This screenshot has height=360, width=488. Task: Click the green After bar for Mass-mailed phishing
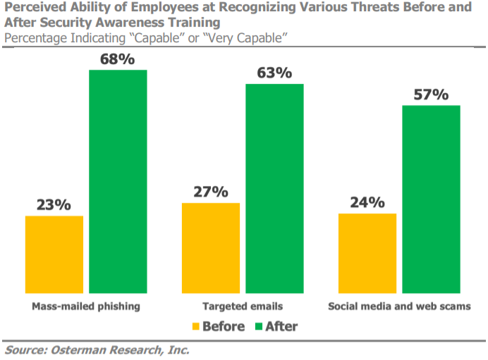click(x=118, y=182)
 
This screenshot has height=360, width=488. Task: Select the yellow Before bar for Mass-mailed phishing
click(x=54, y=254)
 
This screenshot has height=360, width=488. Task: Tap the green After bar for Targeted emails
click(x=274, y=188)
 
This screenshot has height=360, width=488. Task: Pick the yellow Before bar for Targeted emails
click(x=211, y=248)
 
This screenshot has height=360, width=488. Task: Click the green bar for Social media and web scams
click(x=431, y=199)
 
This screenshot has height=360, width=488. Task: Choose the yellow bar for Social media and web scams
click(x=367, y=253)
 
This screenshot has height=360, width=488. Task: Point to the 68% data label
click(x=117, y=59)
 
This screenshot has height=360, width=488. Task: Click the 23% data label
click(x=54, y=205)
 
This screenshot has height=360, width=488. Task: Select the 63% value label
click(x=274, y=73)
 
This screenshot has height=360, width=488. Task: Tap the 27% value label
click(x=211, y=192)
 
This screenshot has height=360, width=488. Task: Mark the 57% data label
click(x=431, y=94)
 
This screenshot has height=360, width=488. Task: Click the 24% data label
click(x=367, y=203)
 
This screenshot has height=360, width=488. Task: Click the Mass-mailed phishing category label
click(x=86, y=306)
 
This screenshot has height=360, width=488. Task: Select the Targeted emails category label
click(x=243, y=306)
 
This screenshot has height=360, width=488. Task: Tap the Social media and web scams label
click(x=399, y=306)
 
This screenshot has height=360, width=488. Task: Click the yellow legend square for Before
click(x=196, y=327)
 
